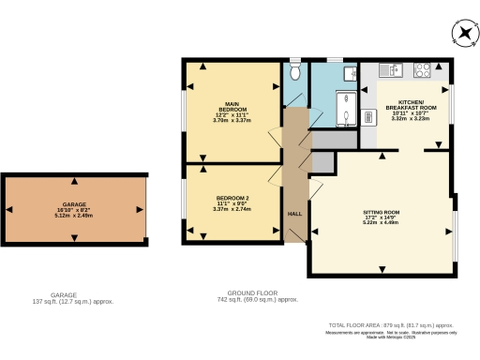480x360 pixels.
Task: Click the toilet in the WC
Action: (294, 71)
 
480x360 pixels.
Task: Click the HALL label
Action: (294, 214)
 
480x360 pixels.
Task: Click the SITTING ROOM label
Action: (382, 214)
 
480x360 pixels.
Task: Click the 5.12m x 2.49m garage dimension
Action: (75, 216)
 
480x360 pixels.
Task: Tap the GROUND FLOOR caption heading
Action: (254, 293)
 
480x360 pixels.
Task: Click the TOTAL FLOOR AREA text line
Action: (398, 324)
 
